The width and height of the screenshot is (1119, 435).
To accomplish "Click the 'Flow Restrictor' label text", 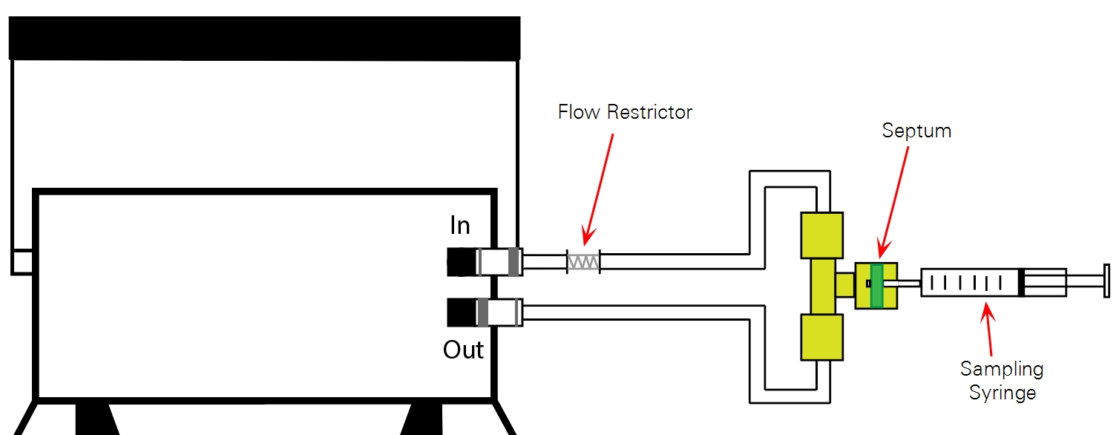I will pos(625,113).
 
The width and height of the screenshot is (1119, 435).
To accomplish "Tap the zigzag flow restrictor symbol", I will pos(583,262).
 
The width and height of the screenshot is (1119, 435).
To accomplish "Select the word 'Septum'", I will pos(916,131).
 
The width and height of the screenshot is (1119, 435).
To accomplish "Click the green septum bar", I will pos(877,285).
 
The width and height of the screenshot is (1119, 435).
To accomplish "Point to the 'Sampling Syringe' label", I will pos(1002,380).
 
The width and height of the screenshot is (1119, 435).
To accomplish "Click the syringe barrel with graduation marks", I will pos(969,283).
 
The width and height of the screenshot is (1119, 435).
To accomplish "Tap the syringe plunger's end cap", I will pos(1106,283).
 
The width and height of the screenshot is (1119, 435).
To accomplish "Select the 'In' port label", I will pos(460,226).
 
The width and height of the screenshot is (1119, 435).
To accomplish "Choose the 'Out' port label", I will pos(464,350).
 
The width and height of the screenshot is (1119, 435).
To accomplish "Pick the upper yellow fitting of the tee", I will pos(822,235).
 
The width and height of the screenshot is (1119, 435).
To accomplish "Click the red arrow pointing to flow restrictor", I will pos(599,189).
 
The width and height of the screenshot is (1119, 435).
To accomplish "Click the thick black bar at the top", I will pos(264,38).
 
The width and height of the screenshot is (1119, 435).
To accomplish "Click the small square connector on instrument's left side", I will pos(22,262).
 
